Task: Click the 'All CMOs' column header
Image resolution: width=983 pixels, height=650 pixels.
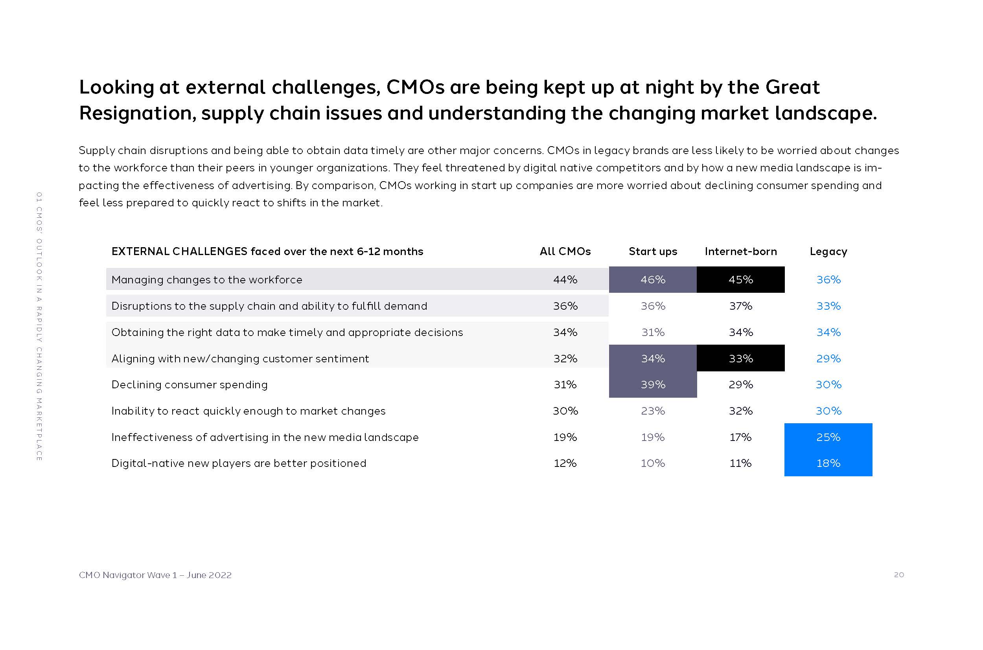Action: pos(565,252)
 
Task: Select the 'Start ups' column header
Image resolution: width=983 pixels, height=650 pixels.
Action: pos(653,252)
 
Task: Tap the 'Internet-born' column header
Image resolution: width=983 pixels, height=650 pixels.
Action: pos(741,252)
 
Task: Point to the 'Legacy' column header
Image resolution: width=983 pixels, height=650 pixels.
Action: pos(828,252)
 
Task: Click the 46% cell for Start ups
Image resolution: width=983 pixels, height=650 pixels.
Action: pos(653,280)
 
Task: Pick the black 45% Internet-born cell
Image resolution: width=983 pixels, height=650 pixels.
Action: pos(741,280)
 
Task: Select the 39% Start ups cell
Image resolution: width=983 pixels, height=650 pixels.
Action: pos(653,385)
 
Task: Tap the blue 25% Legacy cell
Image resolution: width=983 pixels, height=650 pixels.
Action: pos(828,437)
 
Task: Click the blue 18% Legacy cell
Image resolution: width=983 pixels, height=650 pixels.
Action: pos(828,463)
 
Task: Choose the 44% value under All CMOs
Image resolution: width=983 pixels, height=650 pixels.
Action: pos(565,280)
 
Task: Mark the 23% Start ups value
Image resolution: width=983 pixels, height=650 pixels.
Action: pos(653,411)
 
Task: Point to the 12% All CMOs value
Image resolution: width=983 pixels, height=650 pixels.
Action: pos(565,463)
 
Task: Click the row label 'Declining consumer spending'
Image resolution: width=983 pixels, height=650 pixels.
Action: pos(190,385)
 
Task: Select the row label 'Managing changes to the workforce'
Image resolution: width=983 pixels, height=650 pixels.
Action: pos(206,280)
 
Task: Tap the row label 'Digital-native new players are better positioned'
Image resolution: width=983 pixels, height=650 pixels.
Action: pos(239,463)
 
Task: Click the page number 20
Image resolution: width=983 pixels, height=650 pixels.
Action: pos(899,575)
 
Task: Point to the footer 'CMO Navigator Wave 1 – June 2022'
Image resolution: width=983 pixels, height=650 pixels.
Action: pos(155,575)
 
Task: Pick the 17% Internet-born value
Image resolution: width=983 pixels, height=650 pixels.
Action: pos(741,437)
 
